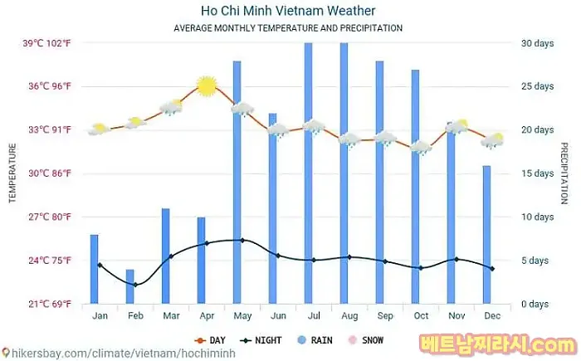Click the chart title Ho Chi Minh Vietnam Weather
pos(288,11)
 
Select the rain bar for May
pos(237,183)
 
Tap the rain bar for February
pos(129,286)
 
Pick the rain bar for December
pos(486,235)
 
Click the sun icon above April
pos(207,85)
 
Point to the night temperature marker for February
pos(135,285)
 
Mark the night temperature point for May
pos(242,241)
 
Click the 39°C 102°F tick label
pos(46,43)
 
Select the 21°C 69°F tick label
pos(46,304)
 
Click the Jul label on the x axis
pos(314,316)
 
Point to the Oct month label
pos(421,316)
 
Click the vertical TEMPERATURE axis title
pos(12,173)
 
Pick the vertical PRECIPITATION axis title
pos(564,173)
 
